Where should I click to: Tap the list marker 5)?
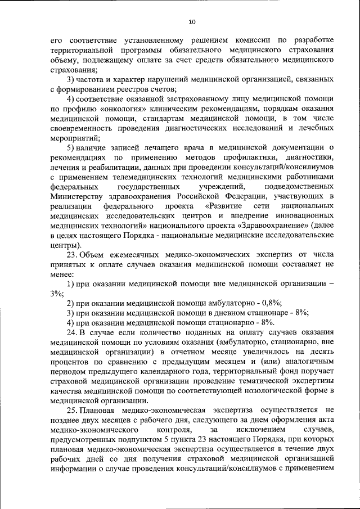tap(71, 147)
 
